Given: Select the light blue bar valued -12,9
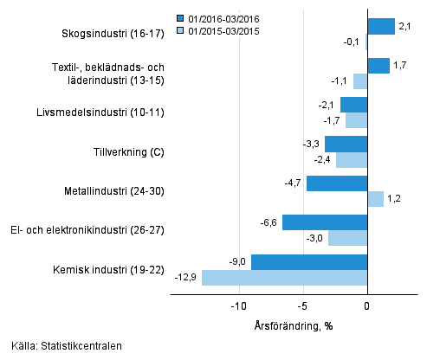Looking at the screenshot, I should point(284,278).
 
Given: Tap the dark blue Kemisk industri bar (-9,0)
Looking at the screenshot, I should point(309,262).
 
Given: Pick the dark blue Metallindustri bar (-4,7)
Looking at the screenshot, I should point(337,183).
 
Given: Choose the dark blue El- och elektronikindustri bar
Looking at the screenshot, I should point(325,222).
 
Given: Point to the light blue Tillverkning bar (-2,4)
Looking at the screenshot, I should point(352,160).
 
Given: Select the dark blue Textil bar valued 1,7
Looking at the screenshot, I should point(378,66).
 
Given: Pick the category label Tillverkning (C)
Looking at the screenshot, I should point(128,152).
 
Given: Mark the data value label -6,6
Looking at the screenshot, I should point(268,222).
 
